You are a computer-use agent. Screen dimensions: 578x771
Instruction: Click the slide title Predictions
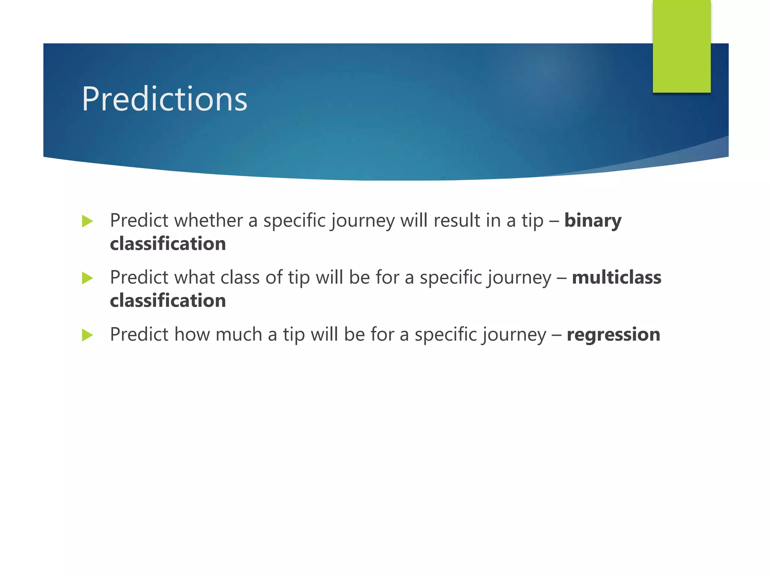tap(165, 99)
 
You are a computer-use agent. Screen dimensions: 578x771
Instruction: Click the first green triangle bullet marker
tap(87, 221)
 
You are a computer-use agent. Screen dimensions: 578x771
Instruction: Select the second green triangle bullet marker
tap(87, 278)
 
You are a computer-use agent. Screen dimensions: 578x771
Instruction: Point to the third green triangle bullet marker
tap(87, 335)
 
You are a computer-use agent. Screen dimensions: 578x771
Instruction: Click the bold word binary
tap(593, 221)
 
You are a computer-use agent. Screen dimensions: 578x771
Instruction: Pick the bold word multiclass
tap(616, 277)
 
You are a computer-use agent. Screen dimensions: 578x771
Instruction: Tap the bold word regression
tap(613, 335)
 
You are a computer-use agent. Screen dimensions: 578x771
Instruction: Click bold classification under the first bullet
tap(168, 244)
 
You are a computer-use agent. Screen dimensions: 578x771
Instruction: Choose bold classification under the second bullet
tap(168, 301)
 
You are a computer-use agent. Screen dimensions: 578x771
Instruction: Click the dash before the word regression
tap(556, 335)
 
